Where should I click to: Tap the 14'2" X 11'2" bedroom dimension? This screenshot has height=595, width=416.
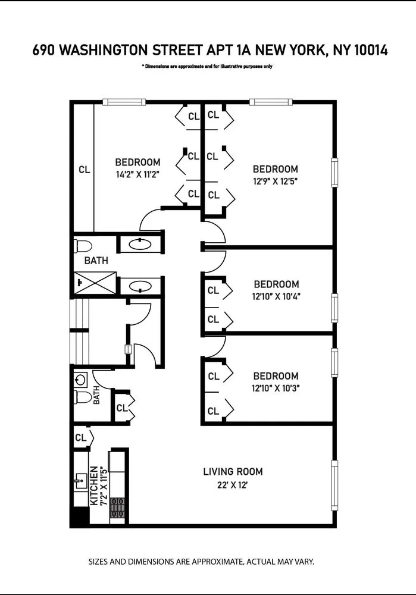tap(137, 174)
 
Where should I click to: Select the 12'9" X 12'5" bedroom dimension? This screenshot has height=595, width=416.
tap(275, 181)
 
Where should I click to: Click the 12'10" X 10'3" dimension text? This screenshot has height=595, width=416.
tap(275, 388)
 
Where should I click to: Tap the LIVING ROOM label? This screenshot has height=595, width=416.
tap(233, 472)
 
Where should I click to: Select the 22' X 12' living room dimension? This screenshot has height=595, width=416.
tap(233, 484)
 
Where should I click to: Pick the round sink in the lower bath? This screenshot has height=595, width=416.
tap(82, 378)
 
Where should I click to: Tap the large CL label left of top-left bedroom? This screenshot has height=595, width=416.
tap(84, 170)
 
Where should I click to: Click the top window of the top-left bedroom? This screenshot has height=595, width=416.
tap(124, 102)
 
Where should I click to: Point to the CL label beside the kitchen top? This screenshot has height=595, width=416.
tap(80, 437)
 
